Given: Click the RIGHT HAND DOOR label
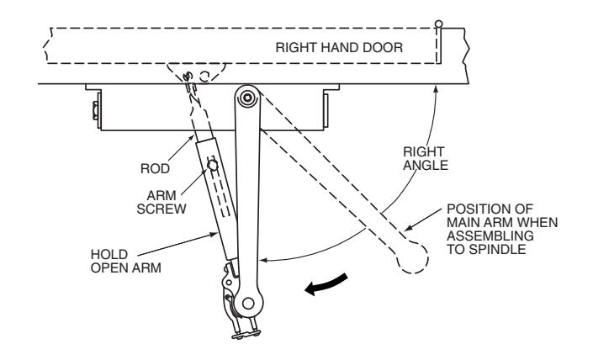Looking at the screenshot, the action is [339, 48].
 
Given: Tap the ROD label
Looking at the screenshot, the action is [155, 169].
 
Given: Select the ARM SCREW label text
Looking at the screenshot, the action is [161, 203].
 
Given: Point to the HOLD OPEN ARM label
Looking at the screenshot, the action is [126, 261].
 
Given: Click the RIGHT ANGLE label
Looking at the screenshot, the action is [426, 158].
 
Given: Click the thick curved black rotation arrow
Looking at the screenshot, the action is [326, 285].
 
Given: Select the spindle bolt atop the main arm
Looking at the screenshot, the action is [247, 98].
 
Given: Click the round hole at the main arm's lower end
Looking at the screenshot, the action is [248, 303].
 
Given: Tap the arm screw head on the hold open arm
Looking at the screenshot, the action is [213, 165].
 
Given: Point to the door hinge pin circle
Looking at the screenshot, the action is [438, 24].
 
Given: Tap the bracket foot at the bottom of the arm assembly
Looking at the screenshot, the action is [246, 334].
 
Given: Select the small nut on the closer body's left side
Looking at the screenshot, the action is [95, 111].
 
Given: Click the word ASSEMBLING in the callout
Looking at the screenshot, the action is [490, 236].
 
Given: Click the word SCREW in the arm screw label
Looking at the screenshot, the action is [161, 209].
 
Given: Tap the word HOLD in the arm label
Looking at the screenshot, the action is [109, 255].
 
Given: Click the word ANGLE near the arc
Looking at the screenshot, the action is [426, 165].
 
